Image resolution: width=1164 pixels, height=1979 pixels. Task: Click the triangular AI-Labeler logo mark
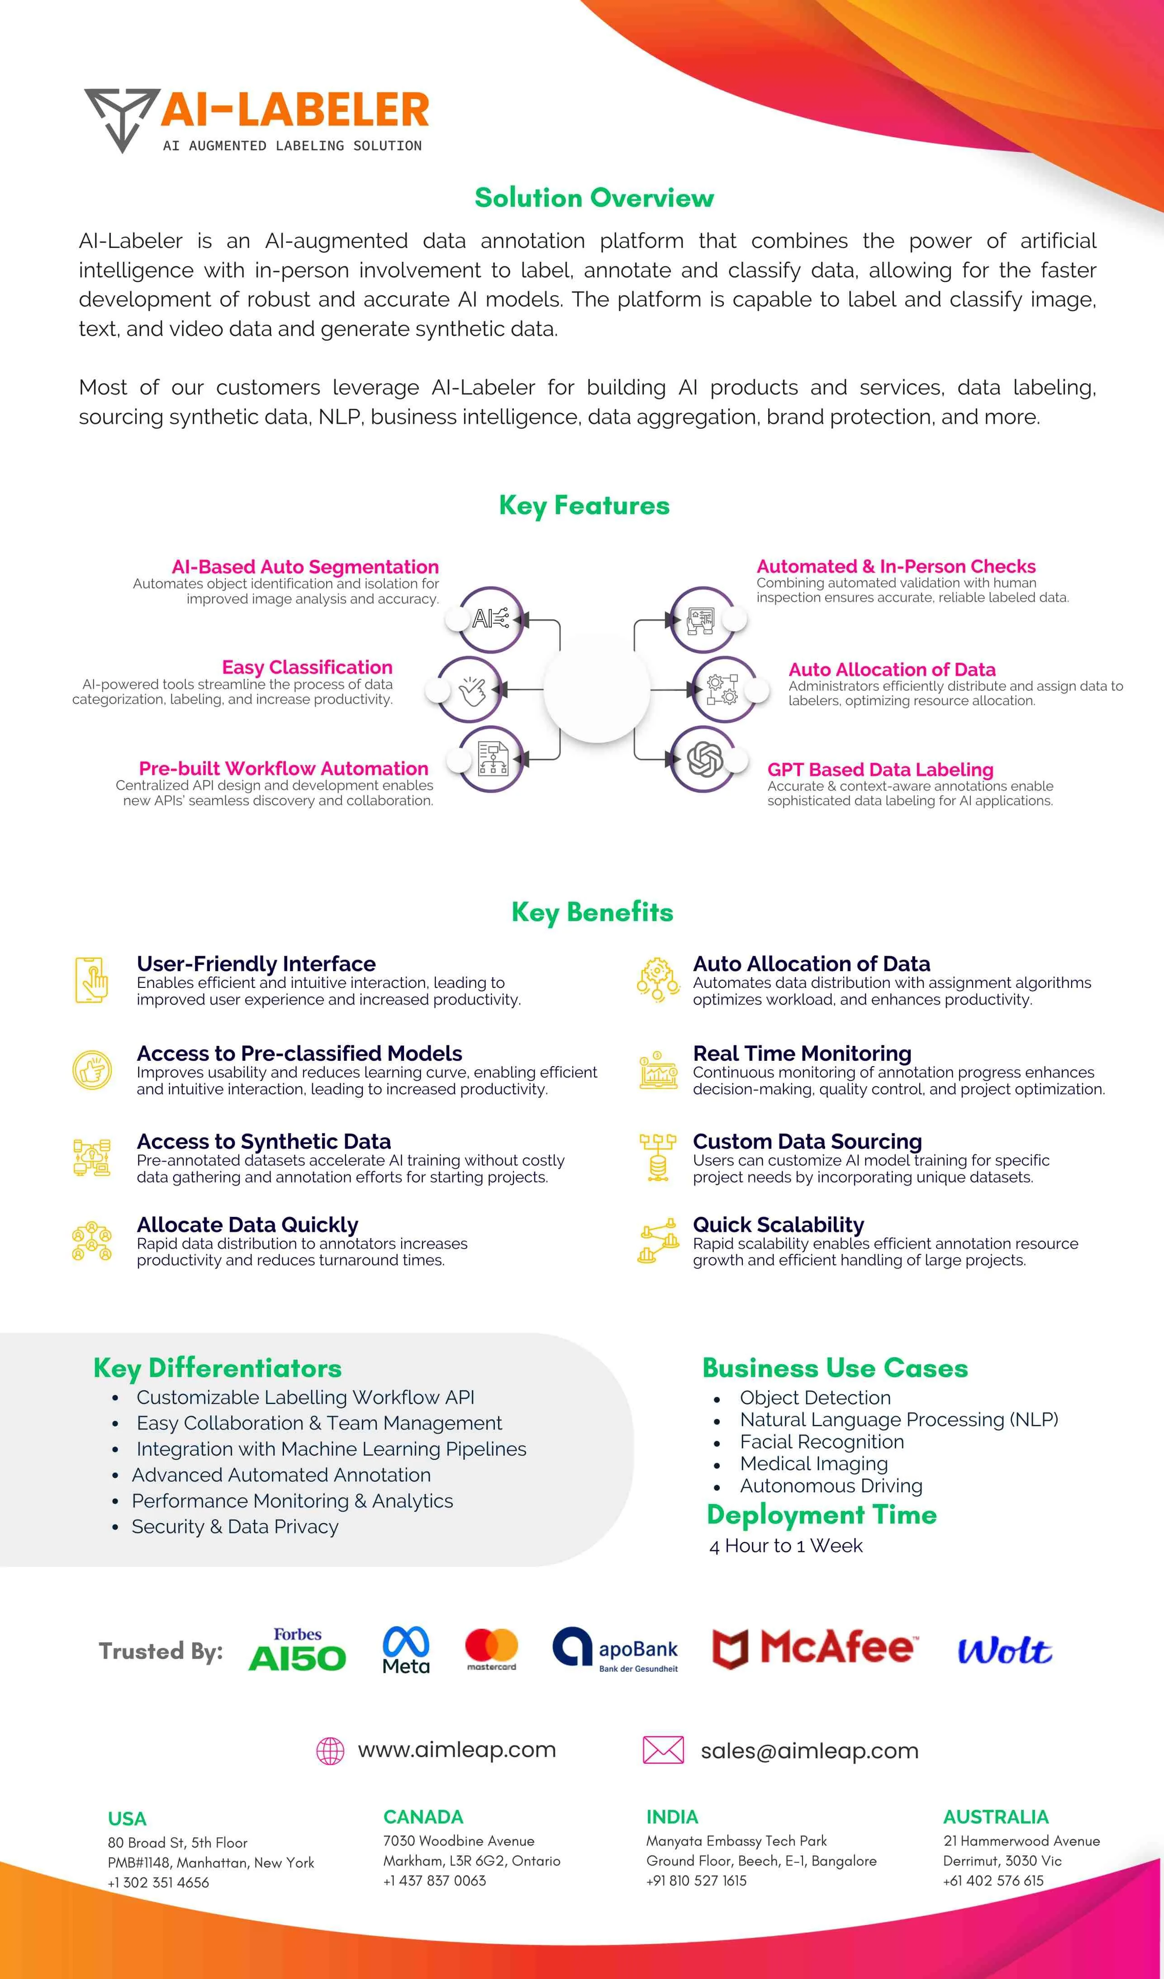(x=122, y=118)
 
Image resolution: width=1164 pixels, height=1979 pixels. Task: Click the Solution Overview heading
(x=594, y=198)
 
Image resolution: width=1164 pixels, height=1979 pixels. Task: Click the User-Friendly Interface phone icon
(x=91, y=980)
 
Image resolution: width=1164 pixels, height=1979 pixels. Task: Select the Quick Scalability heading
(x=779, y=1224)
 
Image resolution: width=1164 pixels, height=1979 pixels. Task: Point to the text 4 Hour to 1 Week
(x=785, y=1546)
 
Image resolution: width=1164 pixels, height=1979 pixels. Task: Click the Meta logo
(x=406, y=1650)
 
